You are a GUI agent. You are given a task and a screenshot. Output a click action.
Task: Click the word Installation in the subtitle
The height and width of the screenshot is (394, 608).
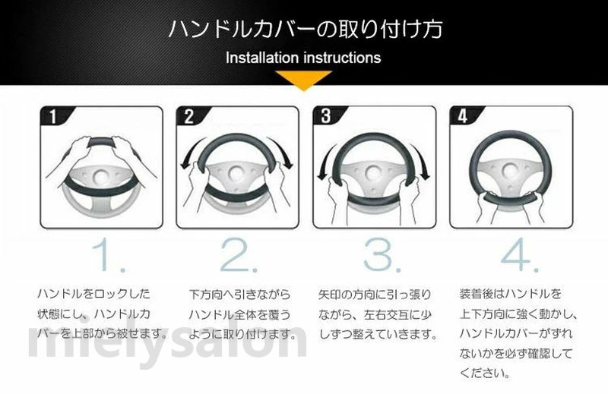click(262, 58)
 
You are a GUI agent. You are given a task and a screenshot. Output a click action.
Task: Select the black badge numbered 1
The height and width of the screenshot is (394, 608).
click(54, 116)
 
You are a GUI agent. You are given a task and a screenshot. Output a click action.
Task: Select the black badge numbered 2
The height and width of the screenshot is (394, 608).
click(189, 116)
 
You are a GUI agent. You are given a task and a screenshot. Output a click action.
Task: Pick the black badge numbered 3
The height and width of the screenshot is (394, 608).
click(327, 116)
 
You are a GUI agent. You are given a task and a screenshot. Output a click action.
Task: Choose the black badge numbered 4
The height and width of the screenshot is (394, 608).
click(463, 116)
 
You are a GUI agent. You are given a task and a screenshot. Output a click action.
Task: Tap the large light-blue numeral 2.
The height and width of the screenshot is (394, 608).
click(237, 256)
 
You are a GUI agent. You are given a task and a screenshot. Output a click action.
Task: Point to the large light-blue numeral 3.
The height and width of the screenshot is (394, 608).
click(382, 256)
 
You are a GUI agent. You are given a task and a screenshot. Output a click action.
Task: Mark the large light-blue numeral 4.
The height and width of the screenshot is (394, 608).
click(519, 256)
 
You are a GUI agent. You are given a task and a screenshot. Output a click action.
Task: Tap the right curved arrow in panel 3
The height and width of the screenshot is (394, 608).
click(423, 162)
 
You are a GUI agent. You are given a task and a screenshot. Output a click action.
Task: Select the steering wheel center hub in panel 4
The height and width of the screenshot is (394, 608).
click(511, 171)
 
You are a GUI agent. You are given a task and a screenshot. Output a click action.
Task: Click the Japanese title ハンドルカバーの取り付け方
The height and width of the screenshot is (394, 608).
click(306, 30)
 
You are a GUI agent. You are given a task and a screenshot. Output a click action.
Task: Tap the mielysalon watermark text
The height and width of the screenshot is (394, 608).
click(167, 342)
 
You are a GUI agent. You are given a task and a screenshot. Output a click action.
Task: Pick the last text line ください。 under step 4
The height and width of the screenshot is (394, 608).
click(485, 374)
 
